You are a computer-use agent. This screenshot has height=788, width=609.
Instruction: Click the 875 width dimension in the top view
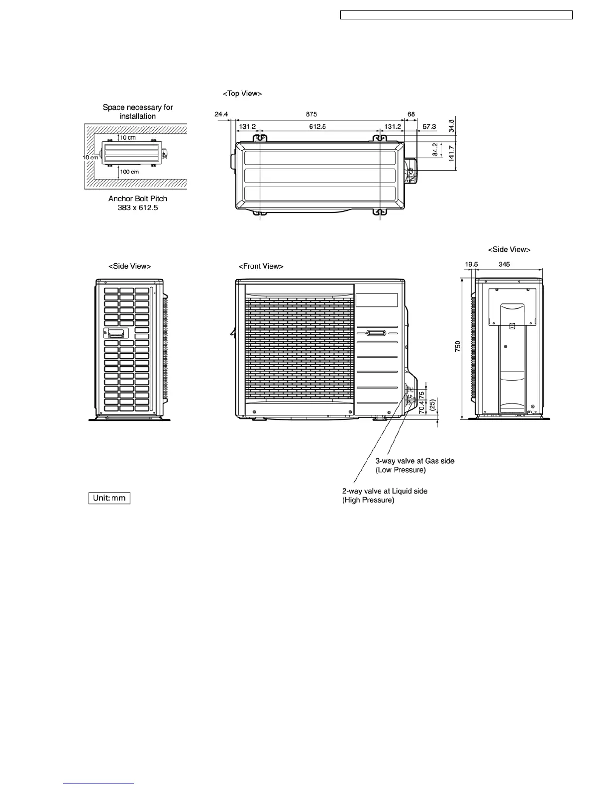click(311, 114)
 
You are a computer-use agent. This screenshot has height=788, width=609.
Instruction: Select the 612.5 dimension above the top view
click(317, 127)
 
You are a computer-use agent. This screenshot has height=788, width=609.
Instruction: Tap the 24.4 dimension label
click(221, 114)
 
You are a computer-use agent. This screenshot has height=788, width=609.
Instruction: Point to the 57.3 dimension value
click(429, 127)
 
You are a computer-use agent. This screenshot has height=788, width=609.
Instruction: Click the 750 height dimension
click(458, 346)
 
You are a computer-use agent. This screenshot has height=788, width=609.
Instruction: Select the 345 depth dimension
click(504, 265)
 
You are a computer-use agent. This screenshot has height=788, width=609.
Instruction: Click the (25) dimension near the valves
click(433, 404)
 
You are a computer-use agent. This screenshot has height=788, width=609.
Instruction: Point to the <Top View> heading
click(242, 94)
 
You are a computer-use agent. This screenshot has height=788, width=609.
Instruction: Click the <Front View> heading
click(261, 266)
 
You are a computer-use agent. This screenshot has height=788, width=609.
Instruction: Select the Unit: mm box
click(109, 498)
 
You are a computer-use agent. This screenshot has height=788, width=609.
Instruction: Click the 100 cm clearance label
click(129, 172)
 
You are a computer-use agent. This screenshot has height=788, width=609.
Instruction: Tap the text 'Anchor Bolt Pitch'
click(138, 198)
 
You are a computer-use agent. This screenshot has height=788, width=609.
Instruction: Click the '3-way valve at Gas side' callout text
click(415, 461)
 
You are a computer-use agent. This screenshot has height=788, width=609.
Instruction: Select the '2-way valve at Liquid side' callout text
click(385, 491)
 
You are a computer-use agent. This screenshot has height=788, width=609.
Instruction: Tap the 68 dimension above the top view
click(411, 114)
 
